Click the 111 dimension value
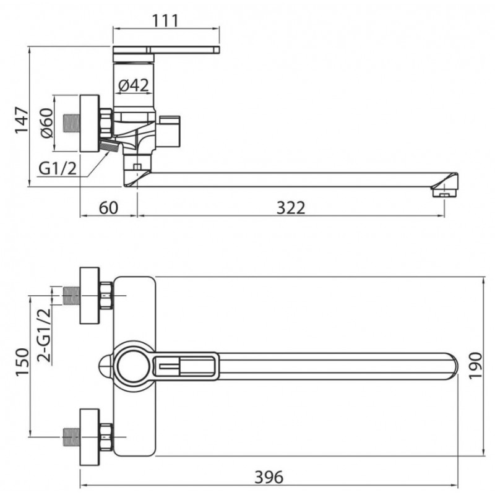click(165, 21)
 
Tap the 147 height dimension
click(22, 120)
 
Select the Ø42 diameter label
click(134, 85)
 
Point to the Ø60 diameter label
click(47, 123)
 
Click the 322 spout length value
click(291, 208)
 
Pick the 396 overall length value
click(269, 477)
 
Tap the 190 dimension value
click(475, 366)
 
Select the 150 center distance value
click(22, 362)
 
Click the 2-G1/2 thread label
click(44, 335)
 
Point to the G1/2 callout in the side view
click(58, 168)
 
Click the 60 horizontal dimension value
click(109, 208)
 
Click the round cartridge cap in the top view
click(134, 366)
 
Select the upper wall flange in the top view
click(90, 296)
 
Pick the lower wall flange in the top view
click(90, 437)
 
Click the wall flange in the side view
click(90, 123)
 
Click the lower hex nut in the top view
click(106, 437)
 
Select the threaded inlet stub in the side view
click(71, 123)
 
